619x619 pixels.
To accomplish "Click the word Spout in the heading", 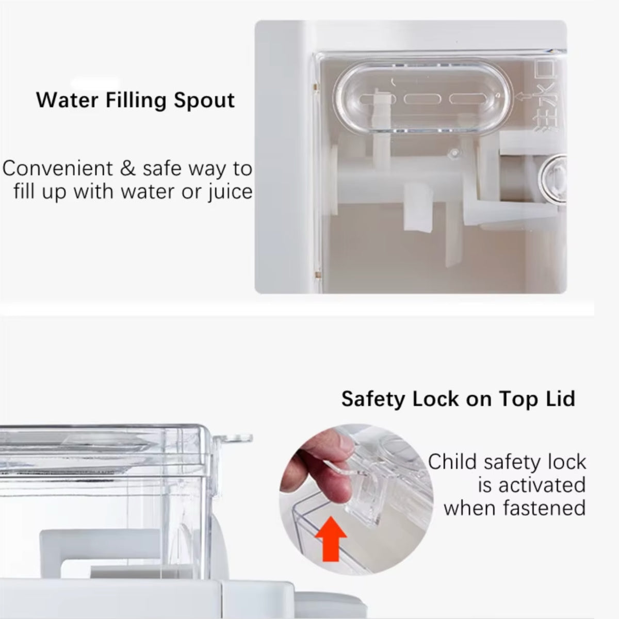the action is [204, 101].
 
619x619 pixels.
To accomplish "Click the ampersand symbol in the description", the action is [128, 169].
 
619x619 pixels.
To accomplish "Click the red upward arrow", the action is [331, 544].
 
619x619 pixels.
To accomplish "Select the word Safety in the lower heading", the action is [372, 399].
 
